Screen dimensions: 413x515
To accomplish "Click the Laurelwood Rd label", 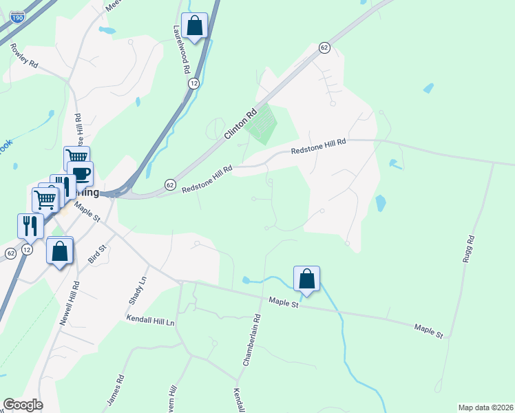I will point(181,50).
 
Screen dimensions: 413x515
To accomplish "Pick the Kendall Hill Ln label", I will point(151,319).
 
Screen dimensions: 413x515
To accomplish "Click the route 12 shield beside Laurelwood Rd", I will point(194,83).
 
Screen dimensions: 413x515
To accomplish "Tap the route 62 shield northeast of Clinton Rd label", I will point(324,47).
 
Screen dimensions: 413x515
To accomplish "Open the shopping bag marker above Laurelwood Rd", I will point(195,26).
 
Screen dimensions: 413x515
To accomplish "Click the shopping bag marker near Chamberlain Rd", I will point(306,279).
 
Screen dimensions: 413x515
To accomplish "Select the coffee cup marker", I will point(81,173).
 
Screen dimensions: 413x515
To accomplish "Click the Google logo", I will point(23,405).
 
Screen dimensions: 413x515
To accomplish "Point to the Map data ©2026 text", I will point(485,407).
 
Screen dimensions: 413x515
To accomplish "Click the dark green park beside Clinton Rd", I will point(261,125).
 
